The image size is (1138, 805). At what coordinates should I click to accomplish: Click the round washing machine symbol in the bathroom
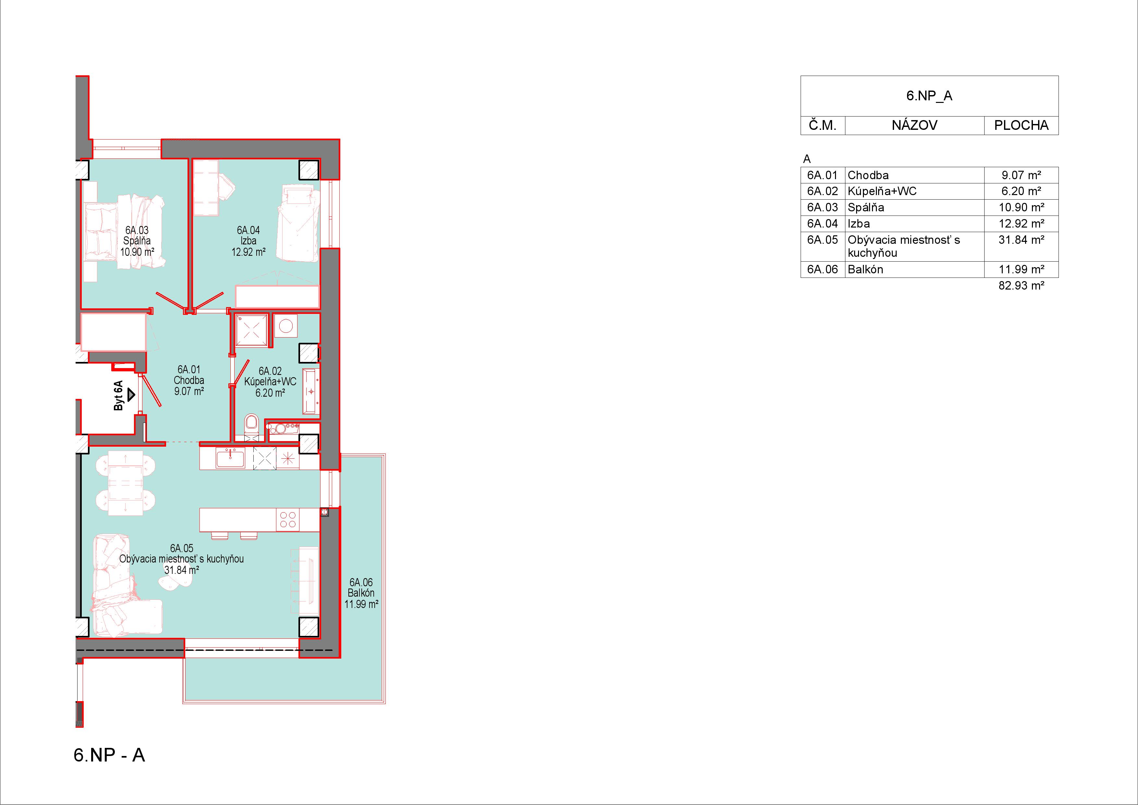point(285,326)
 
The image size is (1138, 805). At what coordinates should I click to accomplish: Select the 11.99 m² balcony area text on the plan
point(361,604)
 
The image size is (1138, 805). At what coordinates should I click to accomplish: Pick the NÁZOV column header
point(914,126)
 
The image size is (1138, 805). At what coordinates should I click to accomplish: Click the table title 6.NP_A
point(929,96)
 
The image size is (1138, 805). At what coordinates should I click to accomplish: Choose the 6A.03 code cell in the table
point(822,207)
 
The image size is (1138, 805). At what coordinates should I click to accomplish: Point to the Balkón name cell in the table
point(866,269)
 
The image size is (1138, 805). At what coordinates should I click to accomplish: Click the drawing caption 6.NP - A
point(110,755)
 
